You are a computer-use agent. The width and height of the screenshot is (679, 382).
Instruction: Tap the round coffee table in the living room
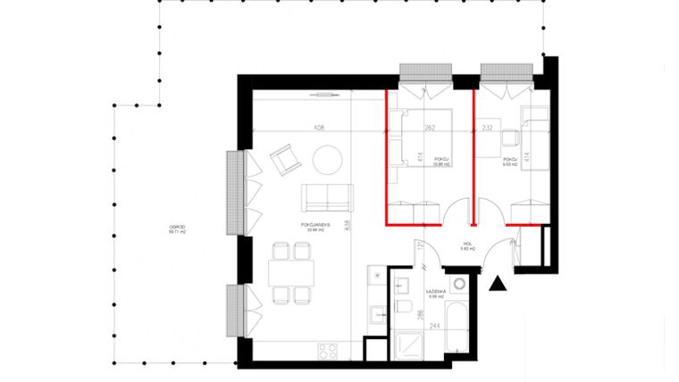328,159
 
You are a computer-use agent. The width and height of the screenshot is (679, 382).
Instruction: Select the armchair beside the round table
285,160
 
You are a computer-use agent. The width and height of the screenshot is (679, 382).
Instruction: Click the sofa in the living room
327,195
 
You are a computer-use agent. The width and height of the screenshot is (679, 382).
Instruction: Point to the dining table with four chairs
290,269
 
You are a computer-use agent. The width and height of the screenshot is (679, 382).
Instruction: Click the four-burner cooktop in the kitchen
327,349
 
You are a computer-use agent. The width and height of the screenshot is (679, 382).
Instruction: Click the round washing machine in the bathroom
459,285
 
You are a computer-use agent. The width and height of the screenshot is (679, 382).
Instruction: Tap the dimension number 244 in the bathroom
432,326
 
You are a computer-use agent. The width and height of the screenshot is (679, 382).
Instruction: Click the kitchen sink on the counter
379,314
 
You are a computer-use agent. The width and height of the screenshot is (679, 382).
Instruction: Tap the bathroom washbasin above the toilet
403,286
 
